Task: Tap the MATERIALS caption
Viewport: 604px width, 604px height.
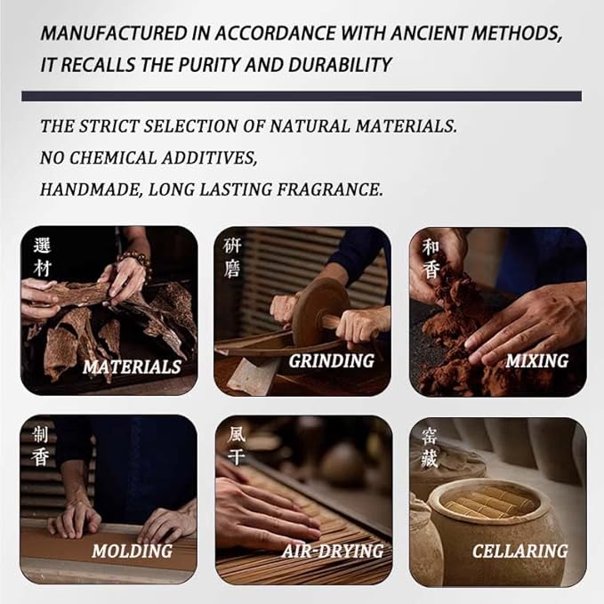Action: pos(132,366)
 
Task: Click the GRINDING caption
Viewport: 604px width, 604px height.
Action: pos(331,361)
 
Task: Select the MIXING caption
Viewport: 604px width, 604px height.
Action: pos(536,361)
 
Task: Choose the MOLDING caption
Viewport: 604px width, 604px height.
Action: pos(132,552)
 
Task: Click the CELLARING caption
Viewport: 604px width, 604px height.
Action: pos(520,552)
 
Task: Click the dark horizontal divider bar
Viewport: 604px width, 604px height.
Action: pos(302,95)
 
